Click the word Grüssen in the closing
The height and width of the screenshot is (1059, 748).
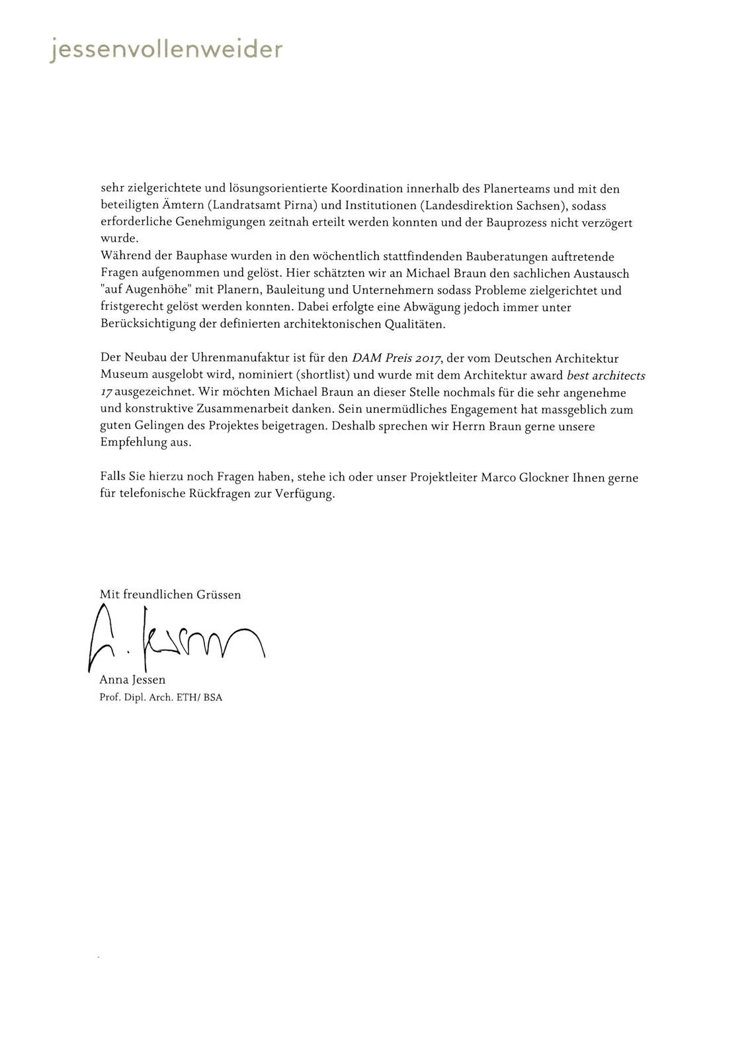click(219, 594)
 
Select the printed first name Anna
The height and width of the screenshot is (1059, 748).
click(112, 680)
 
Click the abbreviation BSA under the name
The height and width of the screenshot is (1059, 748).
click(213, 698)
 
